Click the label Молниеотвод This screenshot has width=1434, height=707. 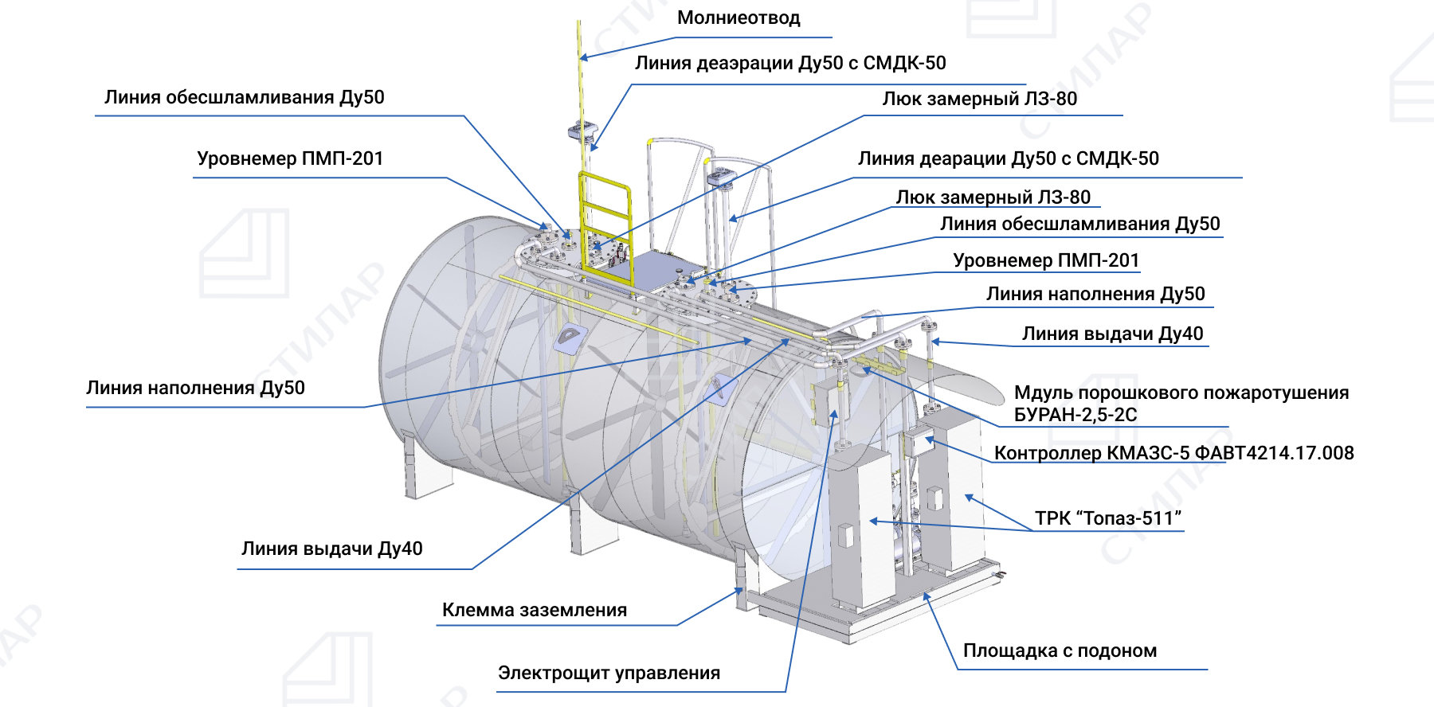coord(738,18)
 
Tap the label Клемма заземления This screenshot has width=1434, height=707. coord(534,611)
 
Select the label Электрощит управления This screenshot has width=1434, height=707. coord(609,674)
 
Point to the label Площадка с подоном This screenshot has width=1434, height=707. coord(1060,651)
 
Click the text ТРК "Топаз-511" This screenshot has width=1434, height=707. coord(1107,519)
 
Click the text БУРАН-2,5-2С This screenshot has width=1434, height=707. coord(1075,415)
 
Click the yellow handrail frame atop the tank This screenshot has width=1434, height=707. coord(605,215)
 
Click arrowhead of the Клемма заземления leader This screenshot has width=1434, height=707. coord(740,591)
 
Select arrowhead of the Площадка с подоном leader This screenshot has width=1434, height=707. coord(926,596)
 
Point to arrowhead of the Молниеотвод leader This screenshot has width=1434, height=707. coord(583,57)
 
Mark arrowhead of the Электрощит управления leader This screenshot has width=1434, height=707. coord(835,413)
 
